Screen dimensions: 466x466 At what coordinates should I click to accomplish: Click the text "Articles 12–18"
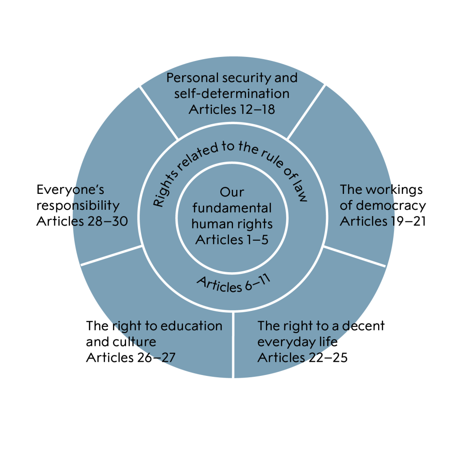[232, 109]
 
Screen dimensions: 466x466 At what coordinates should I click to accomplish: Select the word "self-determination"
[232, 94]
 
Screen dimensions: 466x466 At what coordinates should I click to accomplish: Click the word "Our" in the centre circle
[232, 192]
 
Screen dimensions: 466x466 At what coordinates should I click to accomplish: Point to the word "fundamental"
[232, 208]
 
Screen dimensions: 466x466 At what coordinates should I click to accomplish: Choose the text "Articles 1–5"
[232, 240]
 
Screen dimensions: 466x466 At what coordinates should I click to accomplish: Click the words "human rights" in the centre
[232, 224]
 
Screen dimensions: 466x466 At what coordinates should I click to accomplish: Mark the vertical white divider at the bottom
[233, 346]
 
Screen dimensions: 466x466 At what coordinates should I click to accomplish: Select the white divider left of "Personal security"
[158, 112]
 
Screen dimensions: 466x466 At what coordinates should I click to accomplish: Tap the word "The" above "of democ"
[351, 189]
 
